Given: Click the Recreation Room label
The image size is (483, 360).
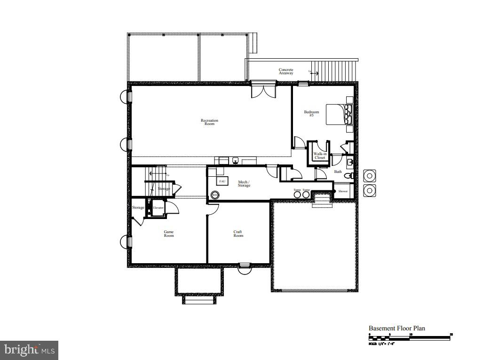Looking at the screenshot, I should [x=209, y=122].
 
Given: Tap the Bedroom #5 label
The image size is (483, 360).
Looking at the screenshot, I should [x=311, y=113].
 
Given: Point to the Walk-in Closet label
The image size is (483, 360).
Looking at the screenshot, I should [x=320, y=156].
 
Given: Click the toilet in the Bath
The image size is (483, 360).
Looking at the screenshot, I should [x=348, y=176].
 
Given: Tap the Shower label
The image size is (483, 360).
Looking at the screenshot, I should [x=343, y=191].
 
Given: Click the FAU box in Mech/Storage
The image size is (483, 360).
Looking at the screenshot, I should [x=222, y=181].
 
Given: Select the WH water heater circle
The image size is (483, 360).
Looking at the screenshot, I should [x=215, y=195].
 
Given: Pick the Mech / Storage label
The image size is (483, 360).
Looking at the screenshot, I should [x=244, y=184].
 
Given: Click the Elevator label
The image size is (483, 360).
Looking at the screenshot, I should [x=158, y=207].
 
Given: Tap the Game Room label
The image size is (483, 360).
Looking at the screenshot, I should [x=169, y=234].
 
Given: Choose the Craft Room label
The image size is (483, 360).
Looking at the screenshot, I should [x=238, y=234].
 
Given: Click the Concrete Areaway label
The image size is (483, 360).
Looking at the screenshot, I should [x=286, y=71].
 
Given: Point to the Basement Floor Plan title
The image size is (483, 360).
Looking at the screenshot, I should [x=396, y=329].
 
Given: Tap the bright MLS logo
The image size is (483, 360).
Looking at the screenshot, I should [x=29, y=350].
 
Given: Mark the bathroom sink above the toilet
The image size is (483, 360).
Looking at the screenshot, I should [x=350, y=163].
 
